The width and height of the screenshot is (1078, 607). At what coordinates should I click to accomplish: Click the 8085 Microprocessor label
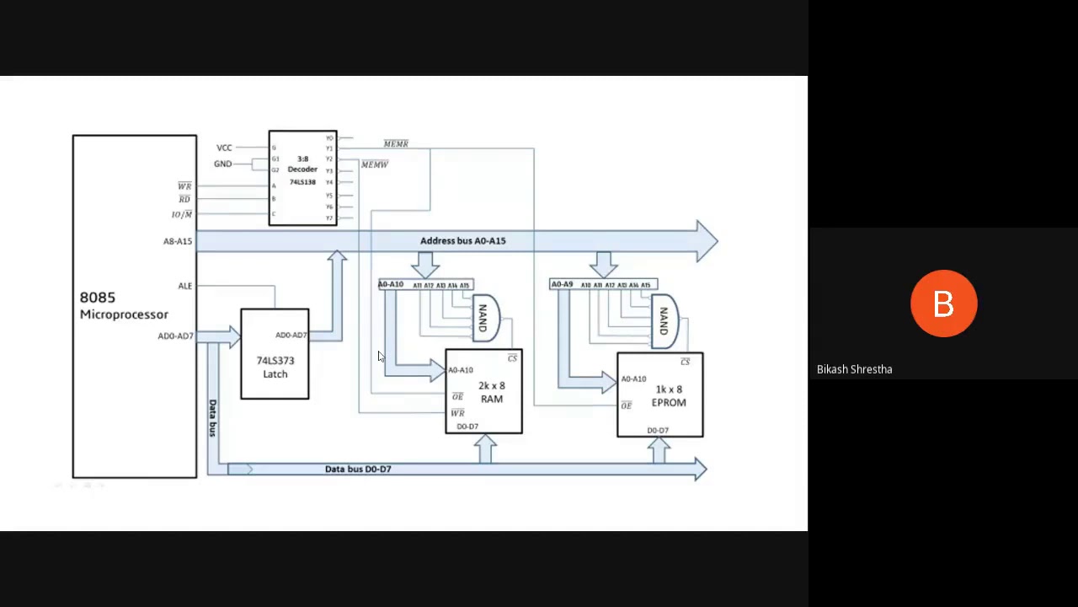123,305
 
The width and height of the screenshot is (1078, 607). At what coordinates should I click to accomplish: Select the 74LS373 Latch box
275,355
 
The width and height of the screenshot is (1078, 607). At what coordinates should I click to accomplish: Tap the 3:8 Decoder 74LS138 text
302,170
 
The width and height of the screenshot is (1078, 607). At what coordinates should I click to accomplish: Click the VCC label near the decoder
224,148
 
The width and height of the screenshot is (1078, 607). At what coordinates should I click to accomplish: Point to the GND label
222,164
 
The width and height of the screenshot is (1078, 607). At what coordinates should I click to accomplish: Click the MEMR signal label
396,144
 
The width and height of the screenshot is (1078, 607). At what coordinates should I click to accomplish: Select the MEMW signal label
375,164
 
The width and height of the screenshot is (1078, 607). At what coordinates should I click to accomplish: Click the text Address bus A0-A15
462,241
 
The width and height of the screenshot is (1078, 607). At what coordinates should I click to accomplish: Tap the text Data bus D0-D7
358,469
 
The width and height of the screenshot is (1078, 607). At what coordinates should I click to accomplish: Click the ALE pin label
185,286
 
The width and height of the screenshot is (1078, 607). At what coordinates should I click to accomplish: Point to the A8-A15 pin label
178,241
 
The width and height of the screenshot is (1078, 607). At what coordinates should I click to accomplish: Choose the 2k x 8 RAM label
491,392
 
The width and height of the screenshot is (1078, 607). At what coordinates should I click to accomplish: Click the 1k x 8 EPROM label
669,396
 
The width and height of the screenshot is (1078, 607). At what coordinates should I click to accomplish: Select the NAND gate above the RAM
484,318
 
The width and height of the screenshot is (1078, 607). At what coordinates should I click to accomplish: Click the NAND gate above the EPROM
664,320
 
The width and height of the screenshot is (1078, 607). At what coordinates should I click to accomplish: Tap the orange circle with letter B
943,303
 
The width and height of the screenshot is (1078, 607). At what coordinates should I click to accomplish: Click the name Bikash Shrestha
854,369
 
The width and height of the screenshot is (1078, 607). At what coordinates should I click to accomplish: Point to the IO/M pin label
182,214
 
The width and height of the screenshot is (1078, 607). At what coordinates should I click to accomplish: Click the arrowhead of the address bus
707,241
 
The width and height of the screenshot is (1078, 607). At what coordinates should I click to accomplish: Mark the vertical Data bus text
212,417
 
